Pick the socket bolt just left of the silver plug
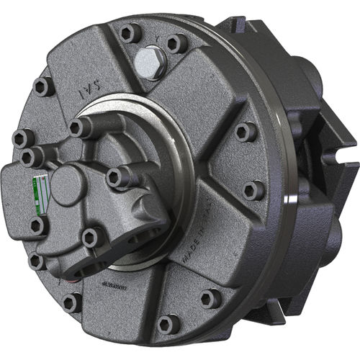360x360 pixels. tap(129, 33)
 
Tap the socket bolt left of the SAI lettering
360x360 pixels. tap(42, 86)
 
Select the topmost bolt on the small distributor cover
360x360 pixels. tap(81, 127)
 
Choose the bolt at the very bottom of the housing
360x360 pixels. tap(168, 325)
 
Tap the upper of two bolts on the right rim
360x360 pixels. tap(246, 131)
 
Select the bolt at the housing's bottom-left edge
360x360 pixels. tap(72, 302)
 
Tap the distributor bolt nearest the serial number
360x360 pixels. tap(91, 238)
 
